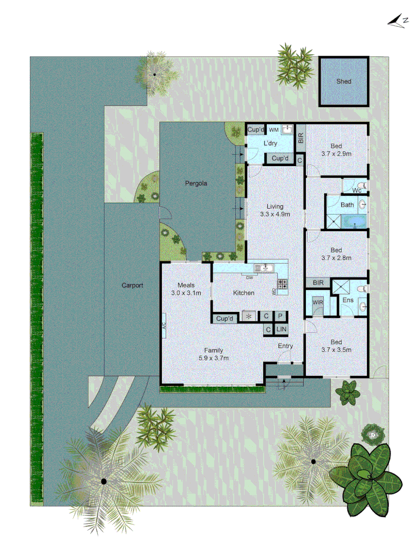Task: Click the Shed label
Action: [x=343, y=81]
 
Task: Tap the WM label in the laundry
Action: [x=273, y=129]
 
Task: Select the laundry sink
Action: [x=287, y=129]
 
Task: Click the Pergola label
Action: [x=196, y=183]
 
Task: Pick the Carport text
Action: [x=132, y=285]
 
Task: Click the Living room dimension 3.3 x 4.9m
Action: [x=275, y=214]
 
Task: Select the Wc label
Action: [x=356, y=191]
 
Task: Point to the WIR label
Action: [x=317, y=302]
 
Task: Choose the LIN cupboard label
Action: [x=281, y=330]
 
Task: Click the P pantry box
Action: [x=281, y=317]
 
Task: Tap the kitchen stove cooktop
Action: [x=282, y=283]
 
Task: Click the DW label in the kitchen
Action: [x=249, y=277]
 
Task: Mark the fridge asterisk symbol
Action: [x=250, y=317]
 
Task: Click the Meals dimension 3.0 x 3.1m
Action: [x=185, y=293]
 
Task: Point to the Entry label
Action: [x=285, y=346]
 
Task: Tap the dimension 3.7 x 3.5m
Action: [x=336, y=350]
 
